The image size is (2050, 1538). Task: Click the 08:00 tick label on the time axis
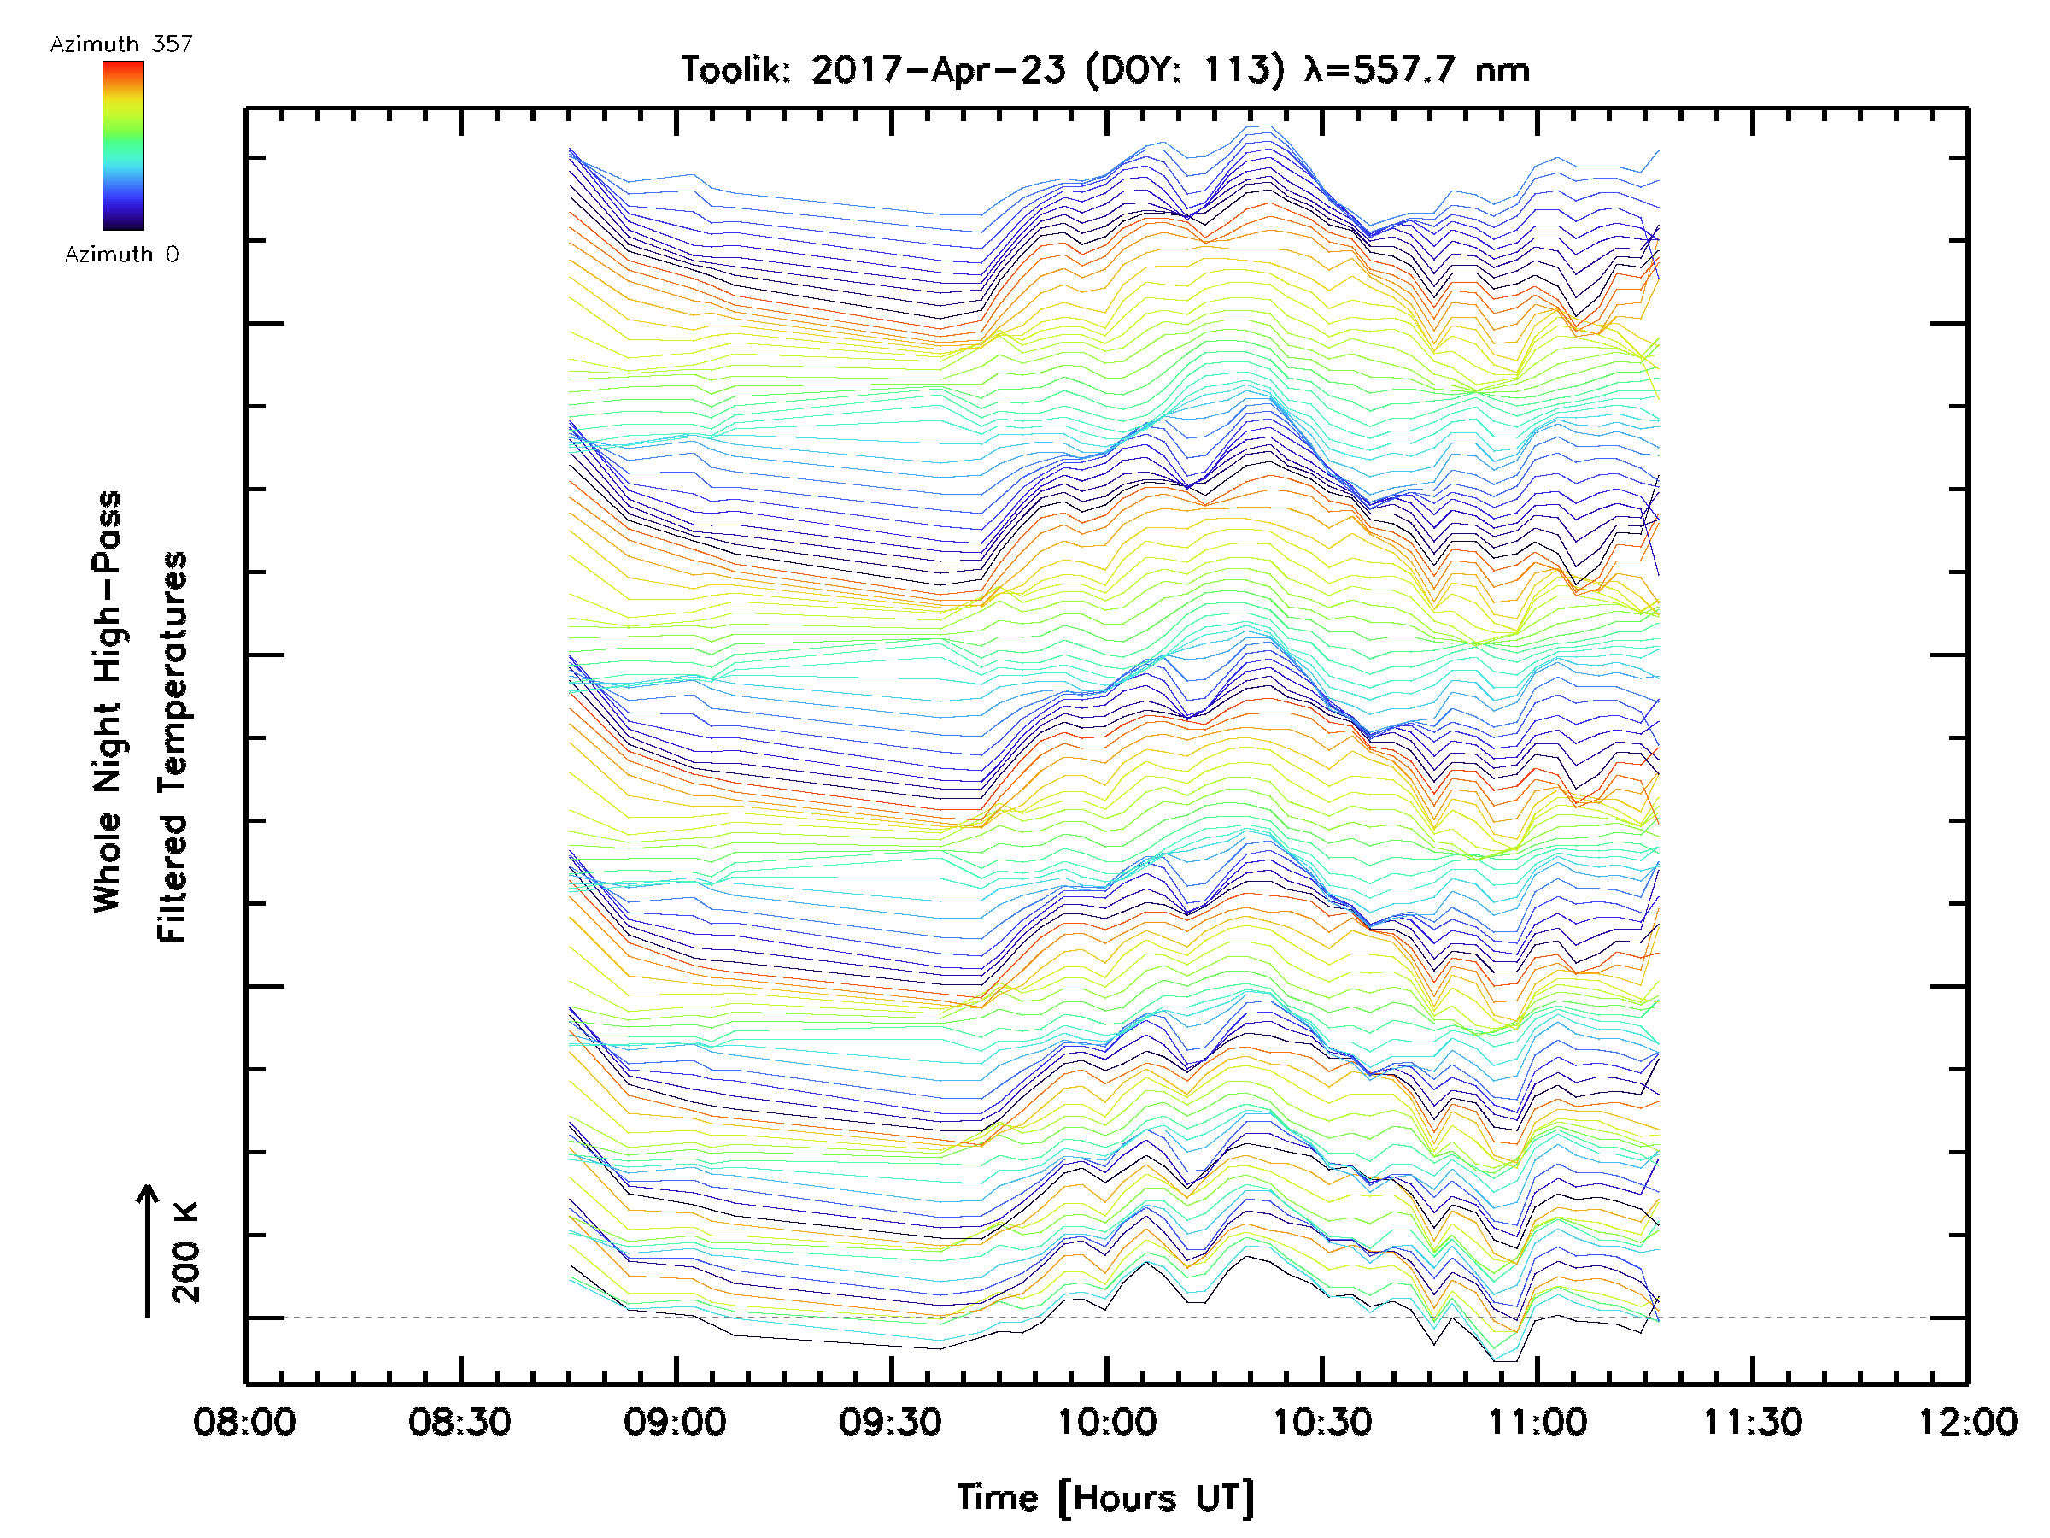(x=244, y=1422)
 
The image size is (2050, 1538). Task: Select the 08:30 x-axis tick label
(x=460, y=1422)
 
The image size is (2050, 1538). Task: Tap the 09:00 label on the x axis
(x=675, y=1422)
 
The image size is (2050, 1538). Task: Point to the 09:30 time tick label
(x=891, y=1422)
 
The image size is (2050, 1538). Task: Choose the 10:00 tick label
(x=1106, y=1422)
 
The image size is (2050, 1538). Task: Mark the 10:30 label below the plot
(x=1321, y=1422)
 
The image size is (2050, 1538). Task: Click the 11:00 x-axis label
(x=1537, y=1422)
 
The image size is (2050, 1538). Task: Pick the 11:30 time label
(x=1753, y=1422)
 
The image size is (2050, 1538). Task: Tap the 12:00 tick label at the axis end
(x=1966, y=1422)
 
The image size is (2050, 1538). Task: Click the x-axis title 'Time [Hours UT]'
(x=1105, y=1498)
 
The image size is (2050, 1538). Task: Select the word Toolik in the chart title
(x=735, y=70)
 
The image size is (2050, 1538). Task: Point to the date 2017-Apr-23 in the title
(x=938, y=70)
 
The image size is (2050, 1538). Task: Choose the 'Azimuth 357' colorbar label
(x=121, y=44)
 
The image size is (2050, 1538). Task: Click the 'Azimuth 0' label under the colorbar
(x=121, y=254)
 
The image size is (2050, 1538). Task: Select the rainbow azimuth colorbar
(x=123, y=145)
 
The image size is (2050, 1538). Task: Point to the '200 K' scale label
(x=186, y=1253)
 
